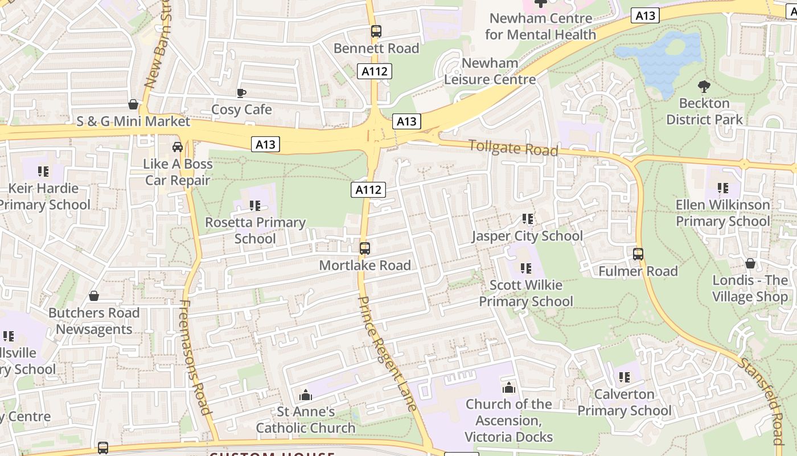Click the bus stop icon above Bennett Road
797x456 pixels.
coord(376,31)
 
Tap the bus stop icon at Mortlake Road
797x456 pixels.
coord(365,249)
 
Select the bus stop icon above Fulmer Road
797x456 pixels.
coord(638,254)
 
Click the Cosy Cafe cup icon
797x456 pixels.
coord(241,93)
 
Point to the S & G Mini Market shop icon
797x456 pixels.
coord(133,104)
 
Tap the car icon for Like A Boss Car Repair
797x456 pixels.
coord(178,147)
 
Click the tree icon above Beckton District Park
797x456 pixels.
coord(704,87)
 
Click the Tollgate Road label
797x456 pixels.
coord(513,148)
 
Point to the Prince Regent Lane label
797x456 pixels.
coord(388,353)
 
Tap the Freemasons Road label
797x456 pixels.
coord(195,357)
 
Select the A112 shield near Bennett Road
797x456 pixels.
coord(375,71)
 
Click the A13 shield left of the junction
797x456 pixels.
coord(265,144)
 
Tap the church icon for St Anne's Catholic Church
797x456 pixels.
coord(306,395)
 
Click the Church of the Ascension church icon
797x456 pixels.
coord(508,388)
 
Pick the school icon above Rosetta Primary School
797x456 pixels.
coord(254,205)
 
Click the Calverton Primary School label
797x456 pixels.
coord(625,402)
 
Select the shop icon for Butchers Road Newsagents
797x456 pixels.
coord(94,296)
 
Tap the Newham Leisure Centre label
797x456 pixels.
coord(490,71)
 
